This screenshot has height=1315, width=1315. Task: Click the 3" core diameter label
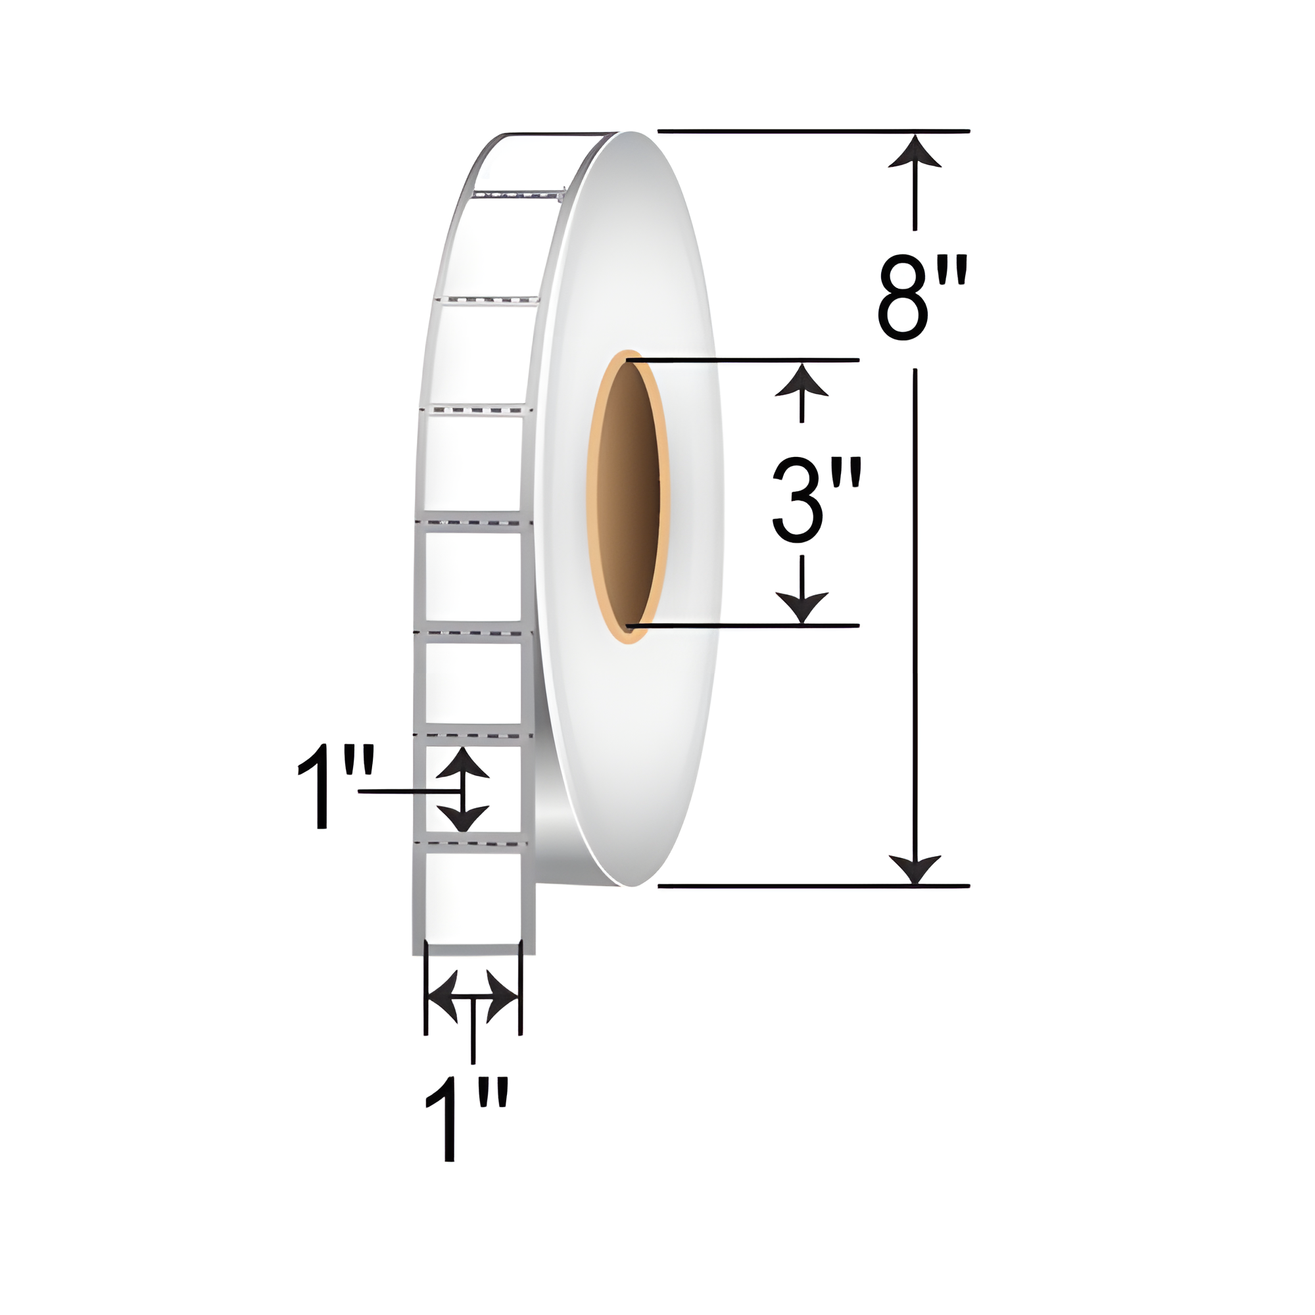pyautogui.click(x=817, y=500)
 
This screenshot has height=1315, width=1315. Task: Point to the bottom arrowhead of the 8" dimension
pyautogui.click(x=915, y=868)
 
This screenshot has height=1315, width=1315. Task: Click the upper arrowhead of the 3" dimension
pyautogui.click(x=801, y=379)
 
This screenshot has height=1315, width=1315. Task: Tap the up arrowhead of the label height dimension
pyautogui.click(x=463, y=762)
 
